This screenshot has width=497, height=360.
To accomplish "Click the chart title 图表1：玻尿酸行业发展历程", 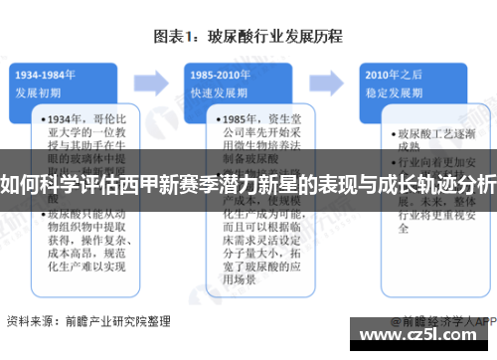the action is pyautogui.click(x=248, y=37).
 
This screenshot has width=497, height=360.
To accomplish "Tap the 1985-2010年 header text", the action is pyautogui.click(x=220, y=73).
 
